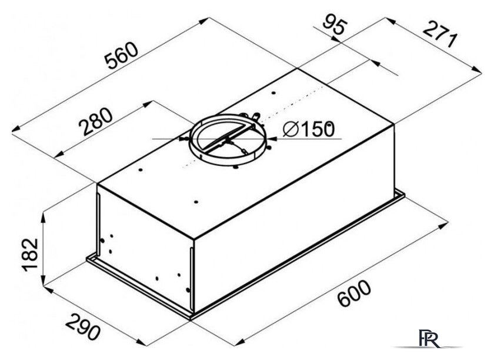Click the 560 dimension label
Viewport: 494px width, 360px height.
[122, 55]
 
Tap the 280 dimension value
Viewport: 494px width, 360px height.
[95, 122]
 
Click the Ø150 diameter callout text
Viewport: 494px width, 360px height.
[309, 129]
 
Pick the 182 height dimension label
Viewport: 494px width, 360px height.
[30, 255]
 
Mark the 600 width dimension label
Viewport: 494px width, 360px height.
[354, 293]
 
